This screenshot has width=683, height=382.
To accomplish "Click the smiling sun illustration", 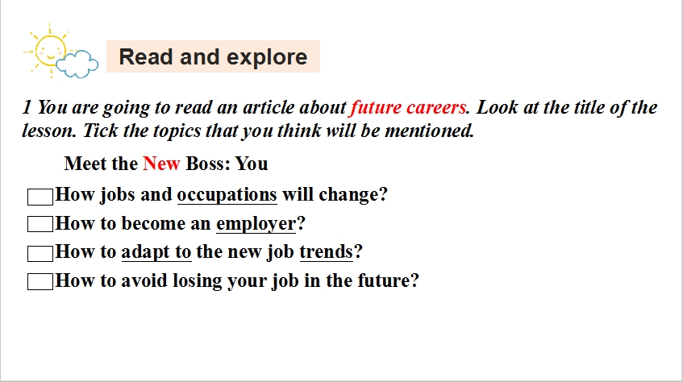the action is tap(48, 51).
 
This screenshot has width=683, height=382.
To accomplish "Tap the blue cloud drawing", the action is tap(77, 64).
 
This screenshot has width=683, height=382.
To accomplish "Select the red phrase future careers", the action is tap(408, 107).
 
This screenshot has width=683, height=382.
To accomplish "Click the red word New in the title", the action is tap(161, 164).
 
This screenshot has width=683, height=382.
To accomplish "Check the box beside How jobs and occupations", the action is tap(40, 197).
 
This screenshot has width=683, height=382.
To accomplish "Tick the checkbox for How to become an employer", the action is tap(40, 224).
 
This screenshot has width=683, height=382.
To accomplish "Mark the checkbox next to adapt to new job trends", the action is tap(40, 254).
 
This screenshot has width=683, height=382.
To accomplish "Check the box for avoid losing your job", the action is tap(40, 281).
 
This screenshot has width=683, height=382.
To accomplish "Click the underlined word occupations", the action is tap(227, 195).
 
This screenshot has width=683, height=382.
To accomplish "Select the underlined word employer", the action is tap(256, 224).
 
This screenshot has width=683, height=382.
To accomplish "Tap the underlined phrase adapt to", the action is tap(156, 252).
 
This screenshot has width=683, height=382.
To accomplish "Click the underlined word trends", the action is tap(327, 251).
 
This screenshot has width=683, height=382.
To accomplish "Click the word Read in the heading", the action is tap(146, 57).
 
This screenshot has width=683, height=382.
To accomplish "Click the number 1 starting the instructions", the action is tap(27, 107).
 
